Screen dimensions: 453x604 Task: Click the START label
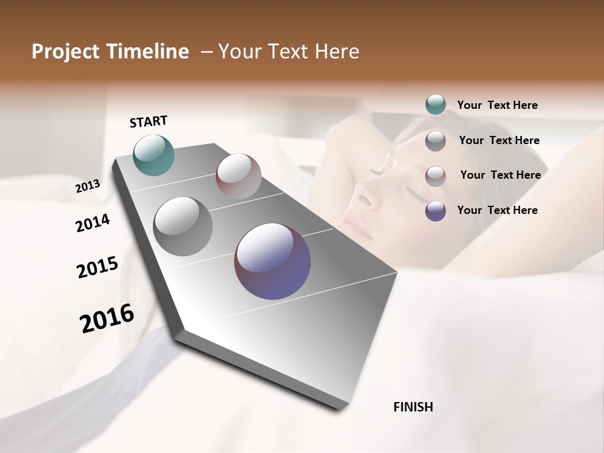pyautogui.click(x=148, y=121)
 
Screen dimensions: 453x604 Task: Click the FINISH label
pyautogui.click(x=413, y=407)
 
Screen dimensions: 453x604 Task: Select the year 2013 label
pyautogui.click(x=87, y=186)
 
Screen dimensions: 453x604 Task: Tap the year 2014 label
pyautogui.click(x=92, y=223)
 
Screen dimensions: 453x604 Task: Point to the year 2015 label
pyautogui.click(x=97, y=267)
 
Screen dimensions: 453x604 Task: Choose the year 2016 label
pyautogui.click(x=107, y=318)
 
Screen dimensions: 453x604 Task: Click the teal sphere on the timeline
pyautogui.click(x=154, y=155)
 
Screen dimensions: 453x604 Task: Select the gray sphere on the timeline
pyautogui.click(x=182, y=226)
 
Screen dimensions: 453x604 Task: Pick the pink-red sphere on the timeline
pyautogui.click(x=238, y=176)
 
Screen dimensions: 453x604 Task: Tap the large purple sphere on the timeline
pyautogui.click(x=272, y=261)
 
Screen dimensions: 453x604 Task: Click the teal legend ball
pyautogui.click(x=435, y=105)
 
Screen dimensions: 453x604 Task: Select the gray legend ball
pyautogui.click(x=435, y=141)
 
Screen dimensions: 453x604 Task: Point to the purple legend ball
pyautogui.click(x=435, y=211)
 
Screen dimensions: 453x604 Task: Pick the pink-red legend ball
pyautogui.click(x=435, y=176)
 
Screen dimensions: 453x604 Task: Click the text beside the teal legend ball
pyautogui.click(x=497, y=105)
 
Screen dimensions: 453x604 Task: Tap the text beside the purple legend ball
pyautogui.click(x=497, y=210)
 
